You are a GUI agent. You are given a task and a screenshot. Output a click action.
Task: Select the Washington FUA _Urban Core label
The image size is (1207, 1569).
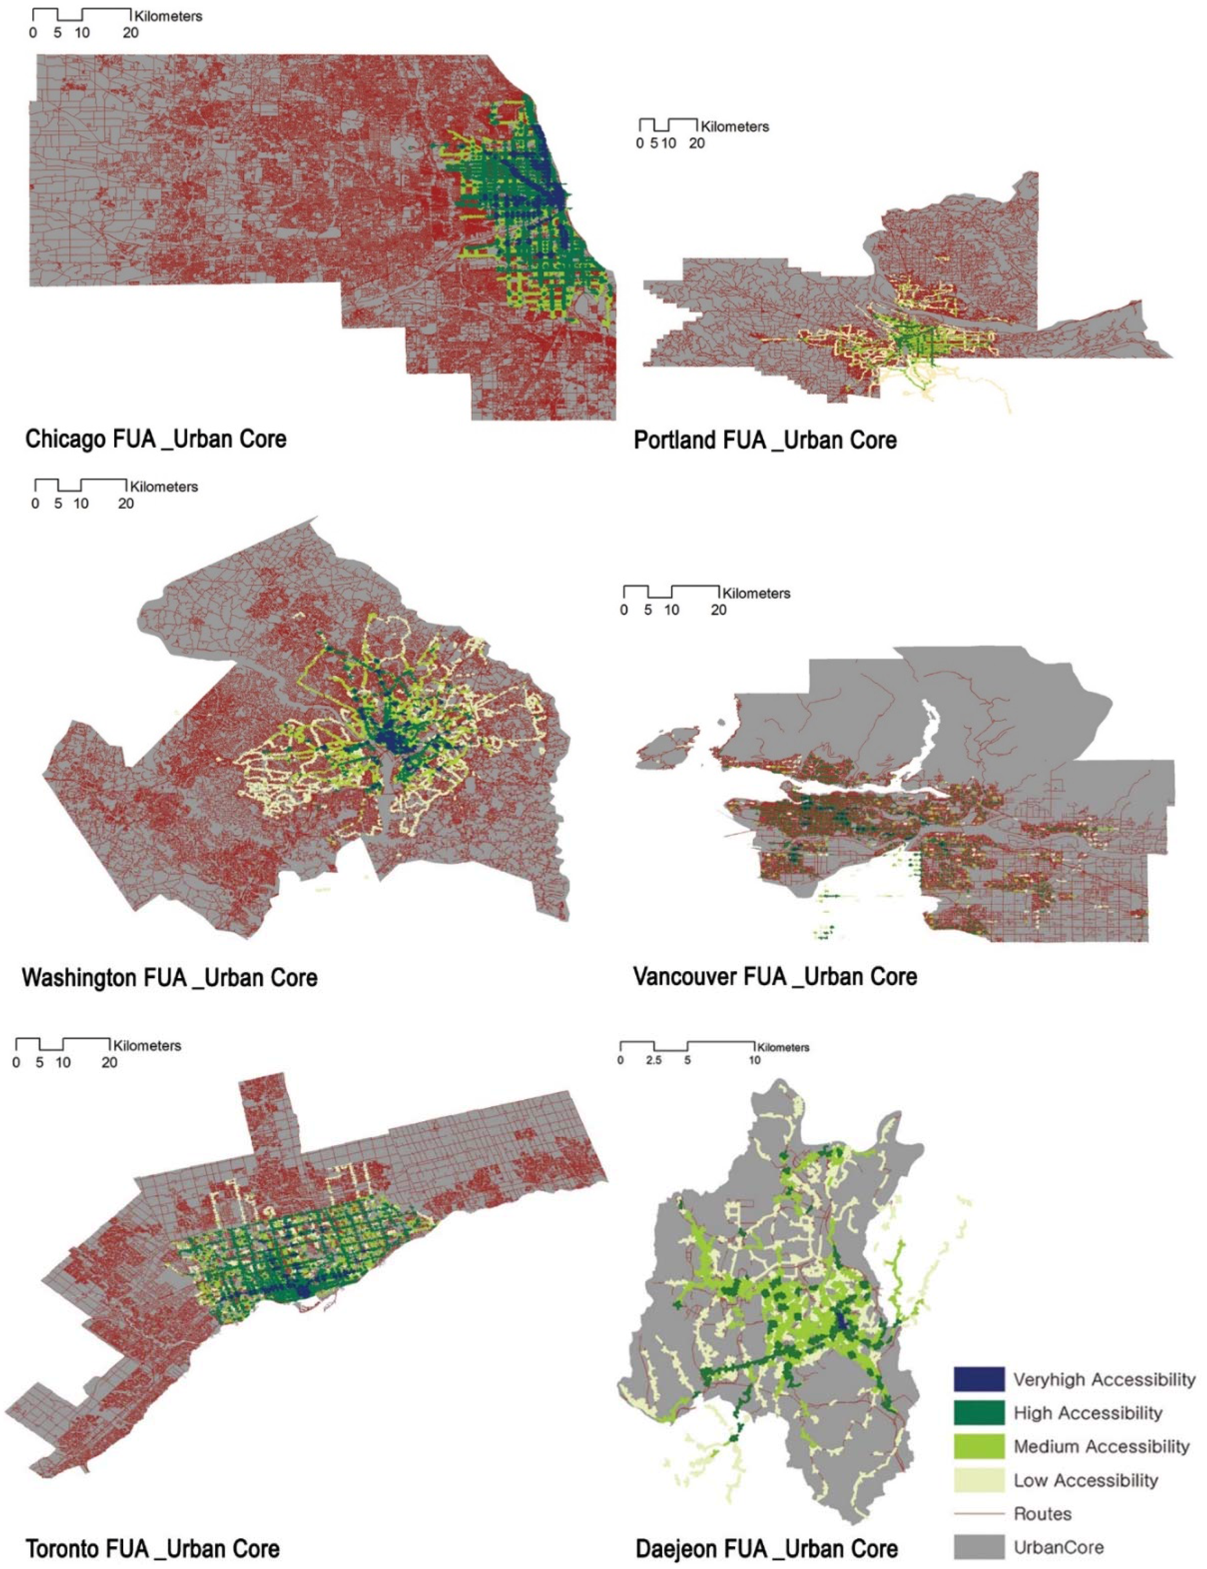click(170, 977)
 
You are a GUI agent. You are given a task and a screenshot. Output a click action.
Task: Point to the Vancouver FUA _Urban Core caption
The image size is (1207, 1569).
click(775, 976)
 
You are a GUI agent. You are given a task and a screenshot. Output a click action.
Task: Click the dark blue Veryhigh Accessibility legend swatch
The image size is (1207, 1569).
click(978, 1379)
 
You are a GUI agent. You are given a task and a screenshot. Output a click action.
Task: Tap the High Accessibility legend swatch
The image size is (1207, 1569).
click(978, 1413)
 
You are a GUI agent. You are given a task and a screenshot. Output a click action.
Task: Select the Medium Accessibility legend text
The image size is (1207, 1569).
click(1101, 1446)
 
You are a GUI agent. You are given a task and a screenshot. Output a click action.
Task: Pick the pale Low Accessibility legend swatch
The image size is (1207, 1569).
click(978, 1480)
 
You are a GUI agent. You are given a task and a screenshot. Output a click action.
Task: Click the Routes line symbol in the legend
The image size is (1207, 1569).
click(978, 1513)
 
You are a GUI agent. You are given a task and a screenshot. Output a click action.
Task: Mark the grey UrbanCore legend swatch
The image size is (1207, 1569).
click(978, 1547)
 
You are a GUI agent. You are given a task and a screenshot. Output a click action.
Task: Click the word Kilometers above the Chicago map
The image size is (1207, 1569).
click(168, 16)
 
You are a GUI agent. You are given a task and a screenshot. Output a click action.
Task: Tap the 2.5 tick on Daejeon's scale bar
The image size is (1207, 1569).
click(653, 1060)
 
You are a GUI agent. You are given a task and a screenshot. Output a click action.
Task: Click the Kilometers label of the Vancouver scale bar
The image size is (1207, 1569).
click(756, 593)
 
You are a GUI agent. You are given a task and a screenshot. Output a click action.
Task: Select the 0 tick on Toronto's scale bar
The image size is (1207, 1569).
click(16, 1062)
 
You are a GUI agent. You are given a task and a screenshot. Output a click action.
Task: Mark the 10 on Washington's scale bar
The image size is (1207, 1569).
click(80, 504)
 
